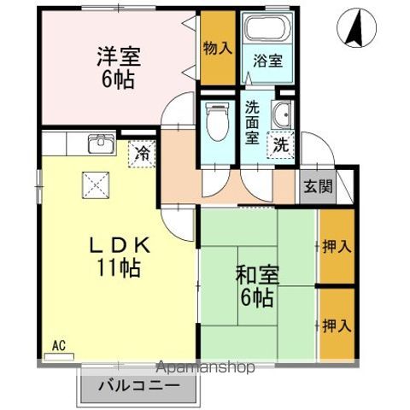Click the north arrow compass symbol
[x=357, y=31]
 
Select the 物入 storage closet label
[x=217, y=48]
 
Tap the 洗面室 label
[x=253, y=122]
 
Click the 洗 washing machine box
[x=280, y=145]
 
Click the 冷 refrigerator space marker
[x=142, y=155]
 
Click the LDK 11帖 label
[x=120, y=255]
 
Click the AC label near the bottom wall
[x=58, y=346]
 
